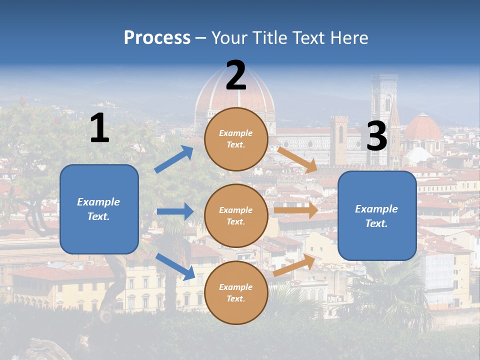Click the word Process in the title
[157, 37]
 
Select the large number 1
[99, 128]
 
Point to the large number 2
[235, 75]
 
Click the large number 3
[376, 136]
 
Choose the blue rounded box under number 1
[99, 209]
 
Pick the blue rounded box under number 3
[377, 215]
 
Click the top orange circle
[236, 139]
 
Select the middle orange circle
[236, 215]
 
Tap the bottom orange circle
[236, 292]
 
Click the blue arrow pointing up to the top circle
[174, 159]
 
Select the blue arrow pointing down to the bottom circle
[175, 266]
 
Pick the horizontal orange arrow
[295, 210]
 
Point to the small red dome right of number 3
[423, 128]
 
